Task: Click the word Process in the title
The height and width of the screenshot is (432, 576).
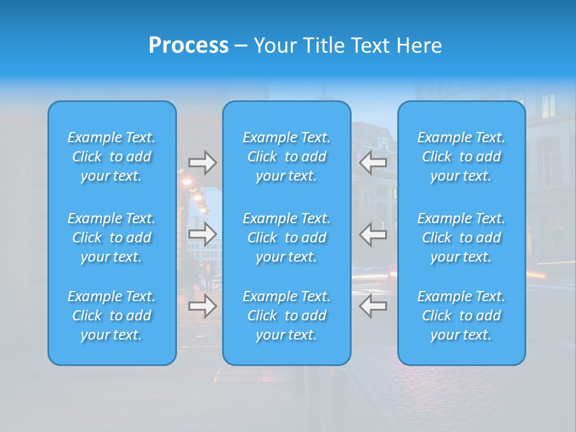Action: [188, 46]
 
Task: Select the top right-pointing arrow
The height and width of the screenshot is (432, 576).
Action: [202, 163]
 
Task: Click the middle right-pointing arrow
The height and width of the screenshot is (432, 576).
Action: [202, 234]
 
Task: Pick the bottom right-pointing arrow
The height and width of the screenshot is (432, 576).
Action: [202, 306]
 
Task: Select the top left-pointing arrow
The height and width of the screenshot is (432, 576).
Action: [373, 163]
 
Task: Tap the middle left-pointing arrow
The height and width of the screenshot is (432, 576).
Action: [373, 234]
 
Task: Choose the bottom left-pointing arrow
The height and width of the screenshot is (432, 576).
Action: [373, 306]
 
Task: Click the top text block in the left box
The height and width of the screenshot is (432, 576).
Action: [112, 157]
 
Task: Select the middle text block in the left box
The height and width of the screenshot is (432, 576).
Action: [112, 238]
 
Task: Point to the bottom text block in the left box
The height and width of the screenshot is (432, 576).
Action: [112, 316]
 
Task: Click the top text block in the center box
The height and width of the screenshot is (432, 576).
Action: [287, 157]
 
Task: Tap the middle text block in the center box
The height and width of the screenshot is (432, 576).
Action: [287, 238]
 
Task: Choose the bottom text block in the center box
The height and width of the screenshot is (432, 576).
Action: [287, 316]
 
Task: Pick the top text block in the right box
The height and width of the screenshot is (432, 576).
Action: [461, 157]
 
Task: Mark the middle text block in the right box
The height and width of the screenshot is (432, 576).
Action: [461, 238]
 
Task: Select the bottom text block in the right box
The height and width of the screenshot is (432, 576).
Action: [461, 316]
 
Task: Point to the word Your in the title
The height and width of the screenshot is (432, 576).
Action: [273, 46]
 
